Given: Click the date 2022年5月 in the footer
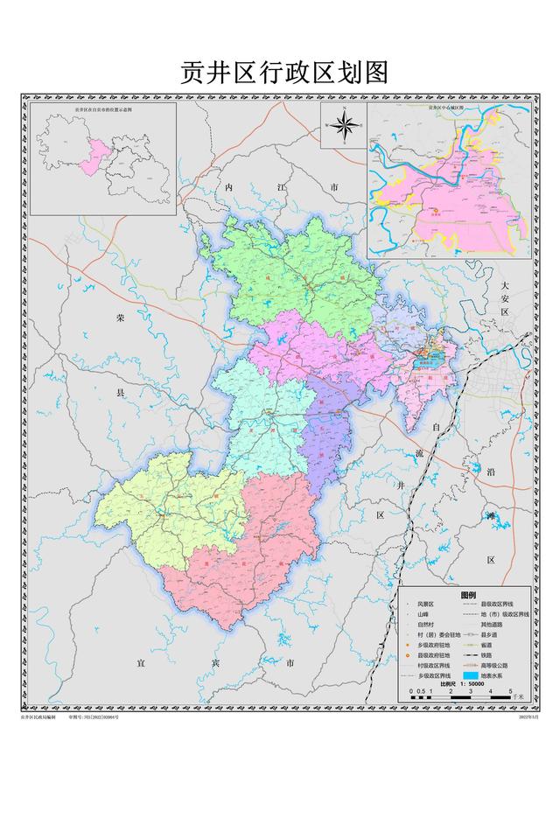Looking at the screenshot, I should click(x=529, y=717).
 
